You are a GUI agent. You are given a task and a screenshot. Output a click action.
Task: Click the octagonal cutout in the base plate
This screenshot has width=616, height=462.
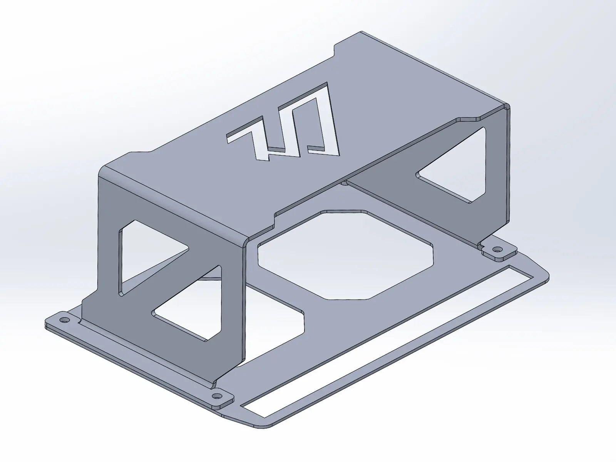[346, 254]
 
